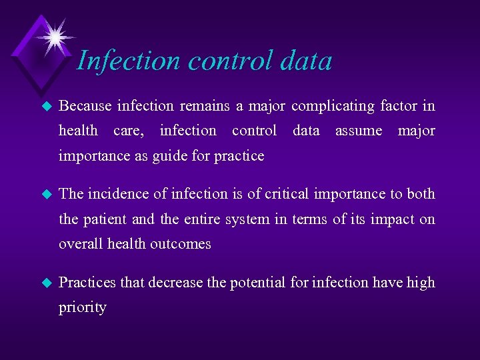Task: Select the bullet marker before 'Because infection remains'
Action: pyautogui.click(x=46, y=106)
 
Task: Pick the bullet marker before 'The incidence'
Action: pyautogui.click(x=46, y=194)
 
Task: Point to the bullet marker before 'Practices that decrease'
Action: pyautogui.click(x=46, y=283)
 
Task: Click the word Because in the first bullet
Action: pyautogui.click(x=85, y=105)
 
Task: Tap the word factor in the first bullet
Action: pyautogui.click(x=399, y=105)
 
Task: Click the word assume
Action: pyautogui.click(x=358, y=131)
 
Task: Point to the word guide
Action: pyautogui.click(x=170, y=156)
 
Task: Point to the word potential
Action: pyautogui.click(x=258, y=283)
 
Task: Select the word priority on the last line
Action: pyautogui.click(x=82, y=308)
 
